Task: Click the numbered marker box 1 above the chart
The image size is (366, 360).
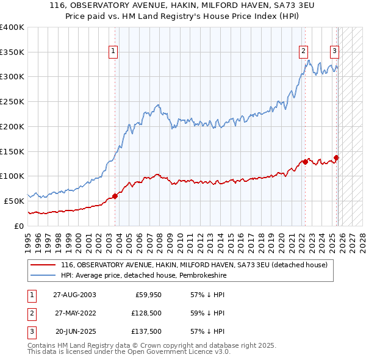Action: click(x=114, y=51)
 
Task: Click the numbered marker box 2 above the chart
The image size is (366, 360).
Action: click(x=303, y=51)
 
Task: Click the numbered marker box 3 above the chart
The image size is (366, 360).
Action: click(x=335, y=51)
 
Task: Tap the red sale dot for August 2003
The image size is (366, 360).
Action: click(x=115, y=196)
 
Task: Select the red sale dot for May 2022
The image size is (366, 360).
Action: click(x=304, y=162)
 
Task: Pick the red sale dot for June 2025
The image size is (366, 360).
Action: click(x=336, y=157)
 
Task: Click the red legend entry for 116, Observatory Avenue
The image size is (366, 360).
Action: click(x=194, y=265)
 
